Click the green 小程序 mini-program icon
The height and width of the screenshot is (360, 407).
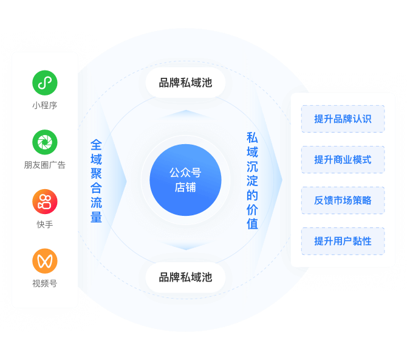45,83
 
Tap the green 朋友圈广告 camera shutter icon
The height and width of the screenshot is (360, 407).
45,142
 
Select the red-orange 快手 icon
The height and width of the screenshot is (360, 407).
45,202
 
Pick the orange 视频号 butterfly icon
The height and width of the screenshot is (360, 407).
45,261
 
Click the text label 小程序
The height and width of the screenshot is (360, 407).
45,105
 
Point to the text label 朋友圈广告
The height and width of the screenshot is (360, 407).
45,165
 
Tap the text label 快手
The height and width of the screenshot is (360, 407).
45,224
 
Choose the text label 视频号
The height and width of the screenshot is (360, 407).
45,283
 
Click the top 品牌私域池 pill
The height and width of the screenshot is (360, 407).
185,83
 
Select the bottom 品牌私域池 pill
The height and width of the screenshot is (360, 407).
185,277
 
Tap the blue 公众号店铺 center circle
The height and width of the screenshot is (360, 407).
185,180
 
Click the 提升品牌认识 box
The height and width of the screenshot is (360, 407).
343,119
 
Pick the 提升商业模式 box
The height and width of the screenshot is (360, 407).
343,159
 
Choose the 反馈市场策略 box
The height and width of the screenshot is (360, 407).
343,200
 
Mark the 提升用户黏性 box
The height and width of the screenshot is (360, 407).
343,241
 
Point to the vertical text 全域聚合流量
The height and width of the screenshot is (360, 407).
96,181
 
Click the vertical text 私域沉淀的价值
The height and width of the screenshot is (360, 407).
252,181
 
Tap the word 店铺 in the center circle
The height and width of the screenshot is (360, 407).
185,188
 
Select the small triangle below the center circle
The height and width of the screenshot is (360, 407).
185,247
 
